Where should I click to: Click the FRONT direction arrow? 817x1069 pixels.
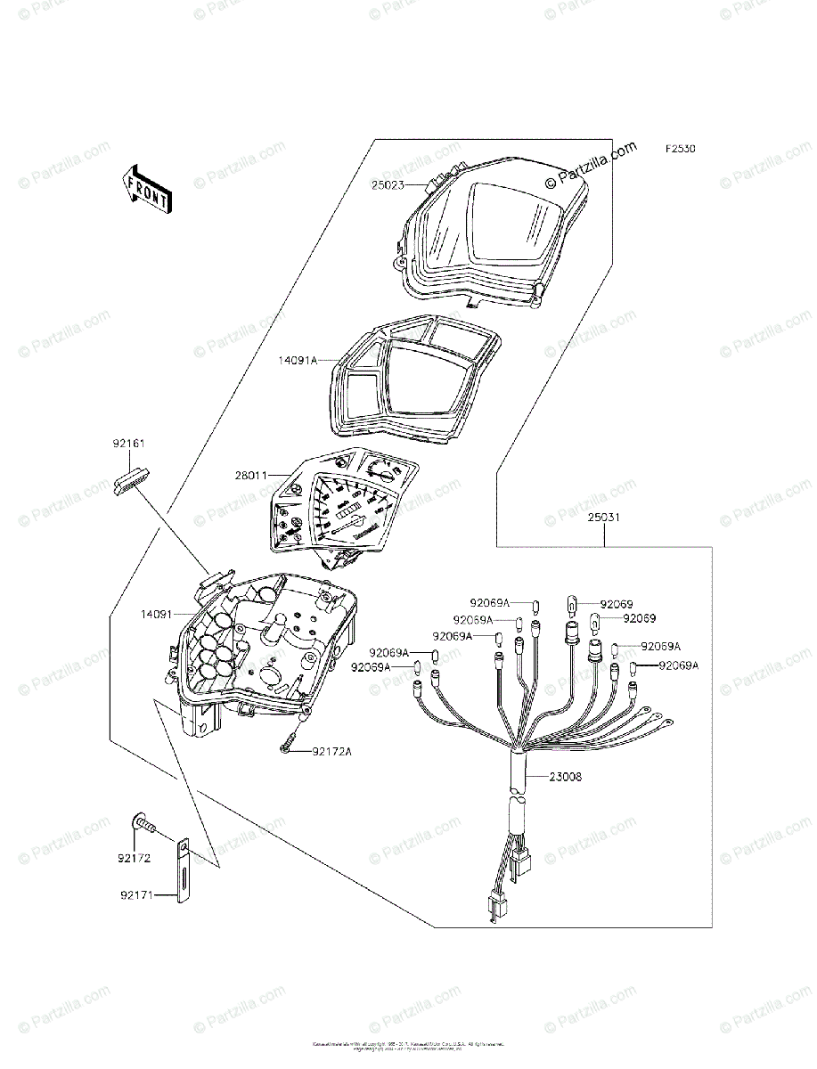(x=146, y=189)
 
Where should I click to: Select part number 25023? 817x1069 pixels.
(x=388, y=185)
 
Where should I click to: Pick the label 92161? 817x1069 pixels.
(x=128, y=443)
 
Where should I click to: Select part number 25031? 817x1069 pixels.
(x=605, y=518)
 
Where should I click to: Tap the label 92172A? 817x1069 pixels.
(x=332, y=752)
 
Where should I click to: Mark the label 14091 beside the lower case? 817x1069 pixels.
(x=156, y=613)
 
